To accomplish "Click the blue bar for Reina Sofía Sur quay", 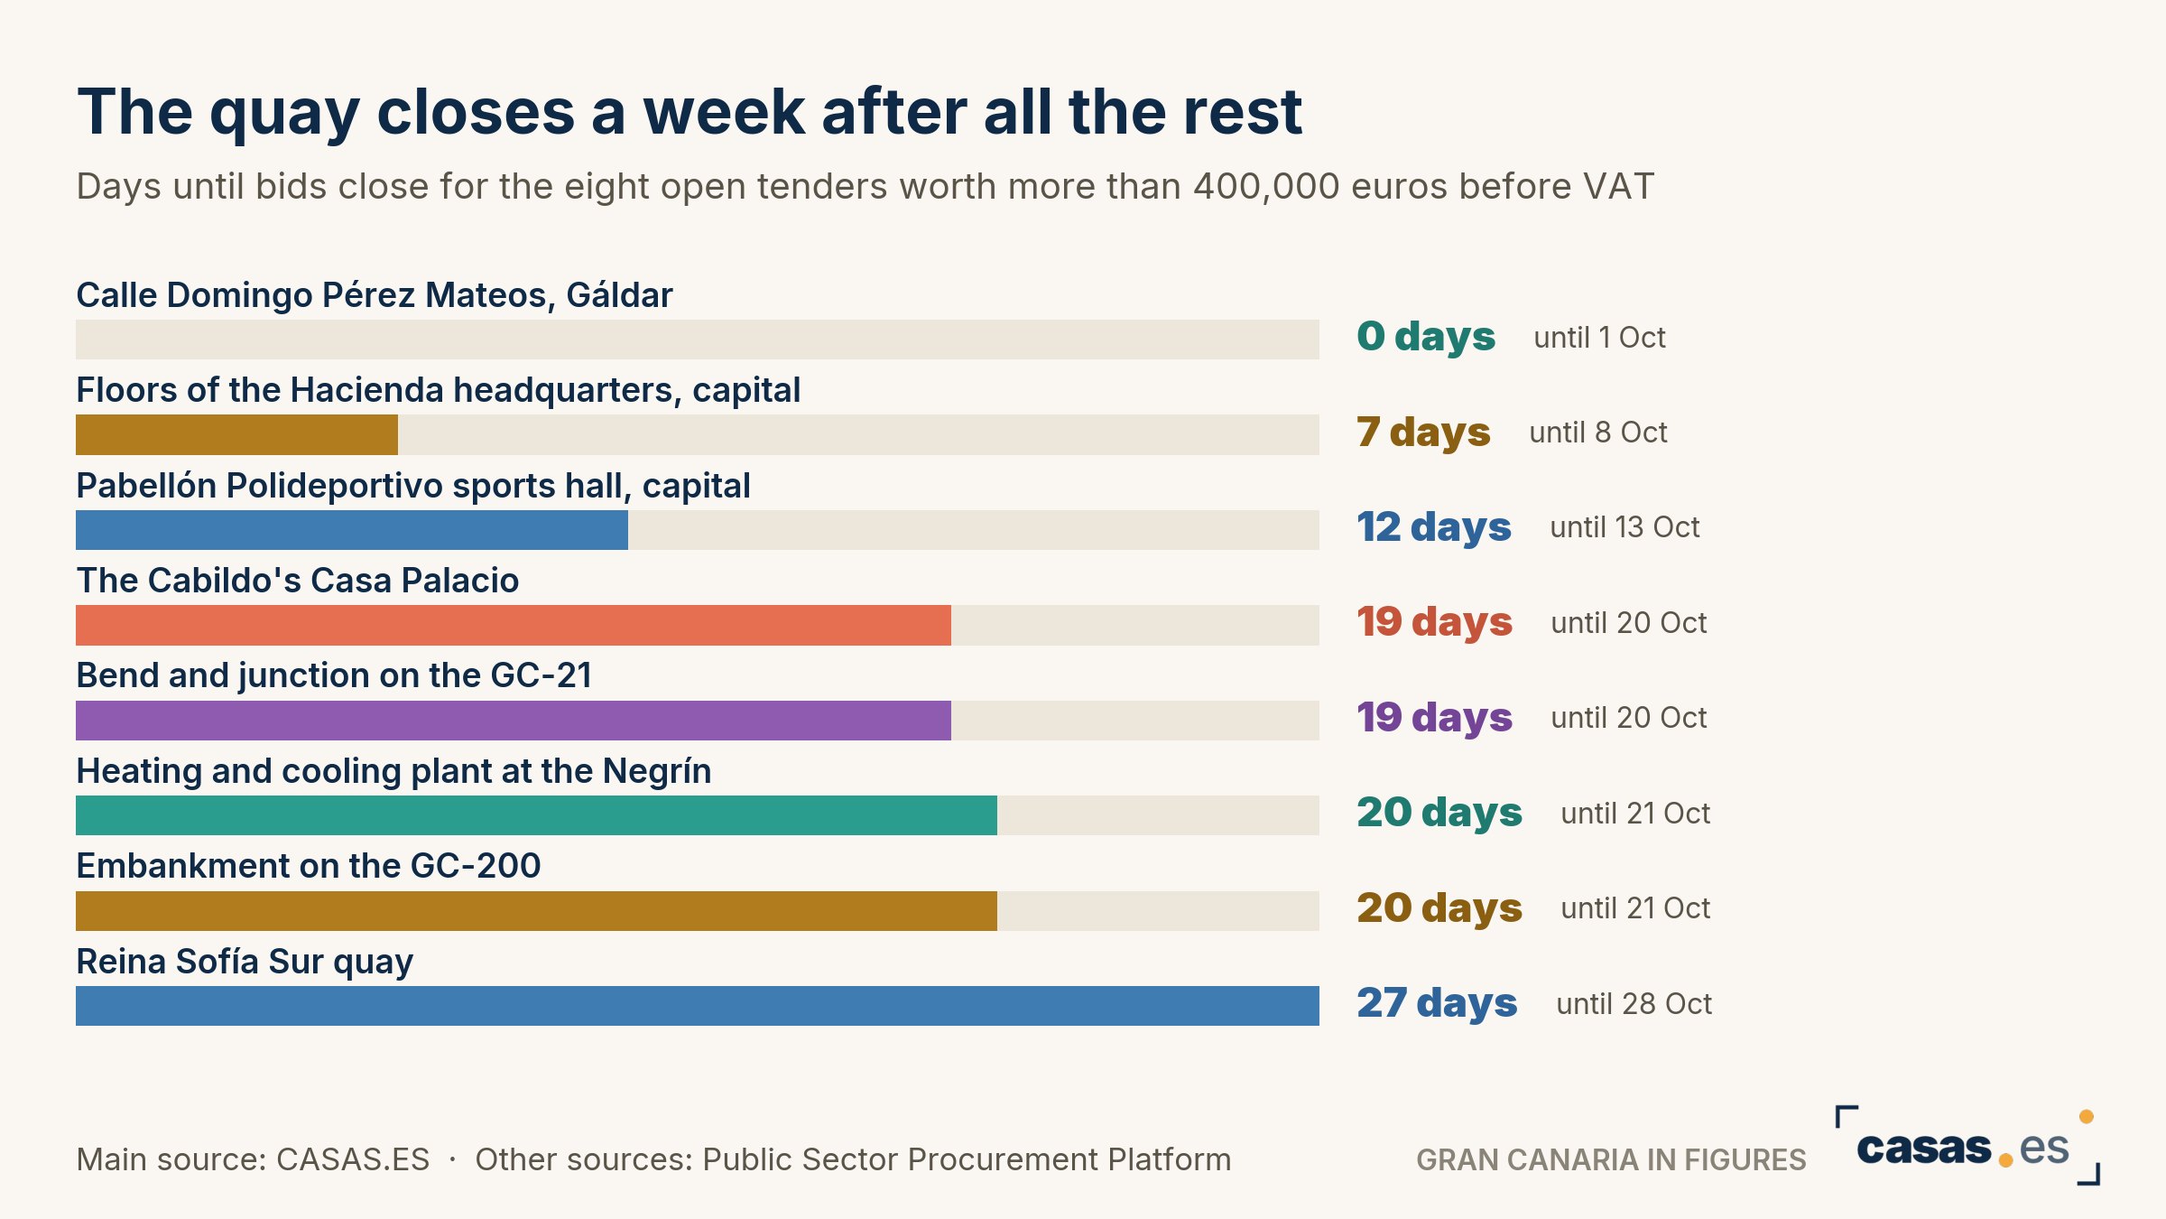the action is click(698, 1006).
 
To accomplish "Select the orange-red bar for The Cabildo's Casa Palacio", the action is click(514, 625).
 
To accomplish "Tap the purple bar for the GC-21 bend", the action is click(514, 721).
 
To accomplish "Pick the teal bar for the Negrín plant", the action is click(536, 815).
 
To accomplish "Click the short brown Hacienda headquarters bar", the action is click(236, 434).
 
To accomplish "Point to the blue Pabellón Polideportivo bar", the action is click(352, 530).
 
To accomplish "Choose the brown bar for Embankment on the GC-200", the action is click(536, 911).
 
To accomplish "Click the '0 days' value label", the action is click(1426, 337).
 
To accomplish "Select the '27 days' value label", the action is click(1437, 1003).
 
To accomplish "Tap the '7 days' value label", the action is click(1423, 433).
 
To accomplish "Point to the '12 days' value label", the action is click(1434, 527).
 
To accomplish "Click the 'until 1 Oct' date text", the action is click(1599, 338).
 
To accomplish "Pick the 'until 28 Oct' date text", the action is click(1634, 1004).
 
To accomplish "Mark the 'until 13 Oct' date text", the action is click(1624, 527).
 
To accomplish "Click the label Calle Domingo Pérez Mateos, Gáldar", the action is click(375, 295).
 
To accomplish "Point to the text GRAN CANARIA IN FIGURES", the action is click(1611, 1159).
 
